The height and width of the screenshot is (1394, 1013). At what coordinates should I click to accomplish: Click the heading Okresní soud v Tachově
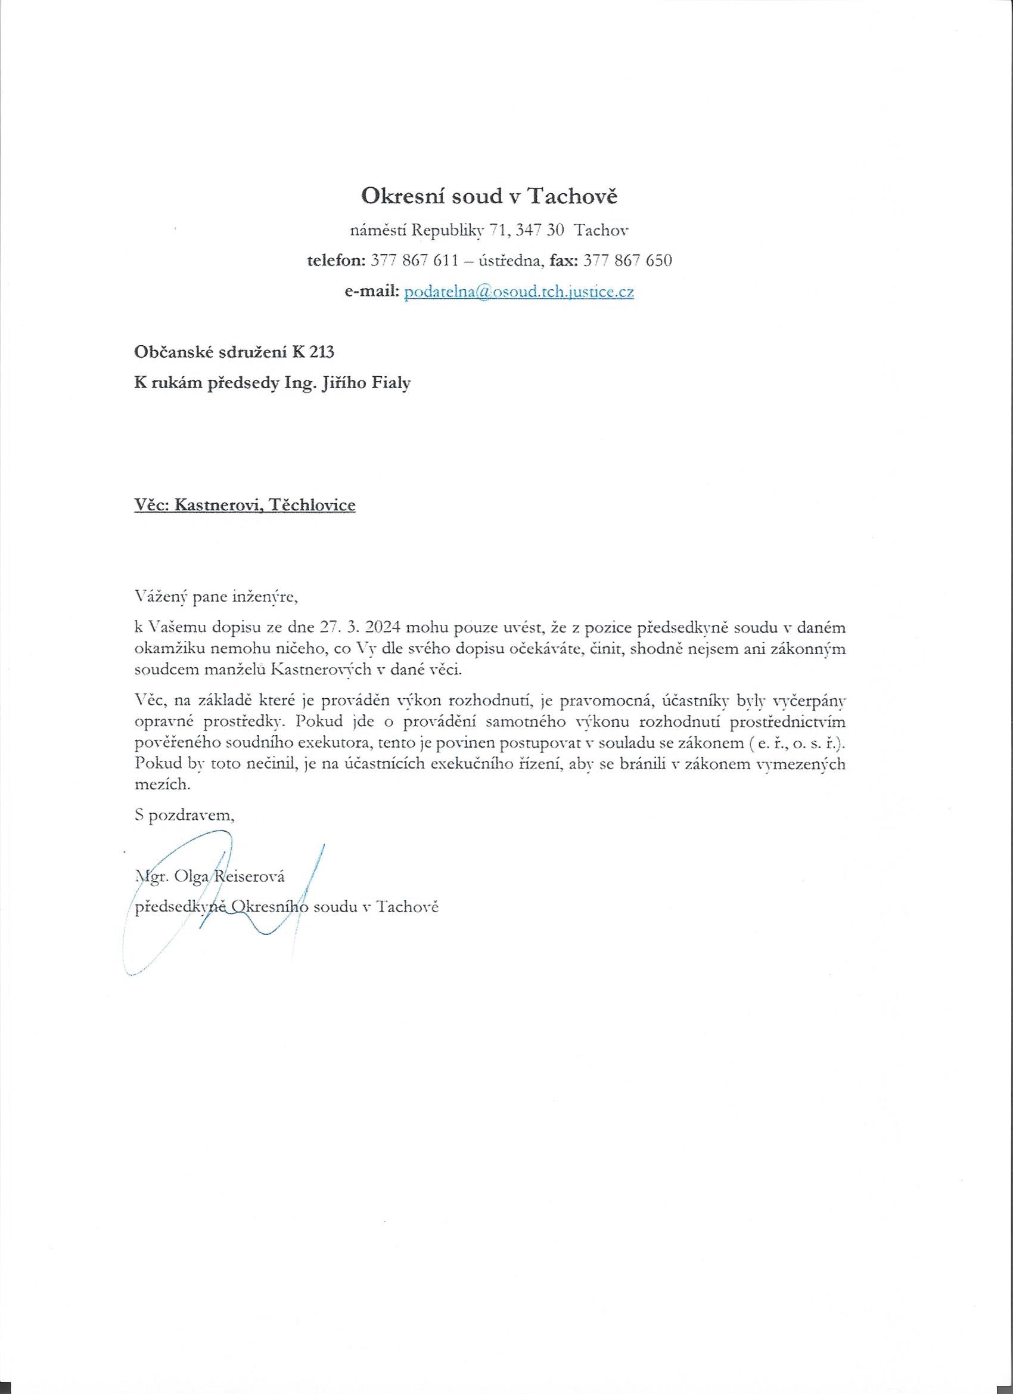(x=489, y=196)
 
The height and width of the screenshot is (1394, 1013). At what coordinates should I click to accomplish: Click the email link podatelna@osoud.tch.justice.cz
(x=518, y=292)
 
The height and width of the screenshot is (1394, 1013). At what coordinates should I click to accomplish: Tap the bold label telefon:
(x=337, y=261)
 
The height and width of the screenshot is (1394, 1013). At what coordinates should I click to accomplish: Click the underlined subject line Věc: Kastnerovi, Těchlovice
(x=245, y=505)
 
